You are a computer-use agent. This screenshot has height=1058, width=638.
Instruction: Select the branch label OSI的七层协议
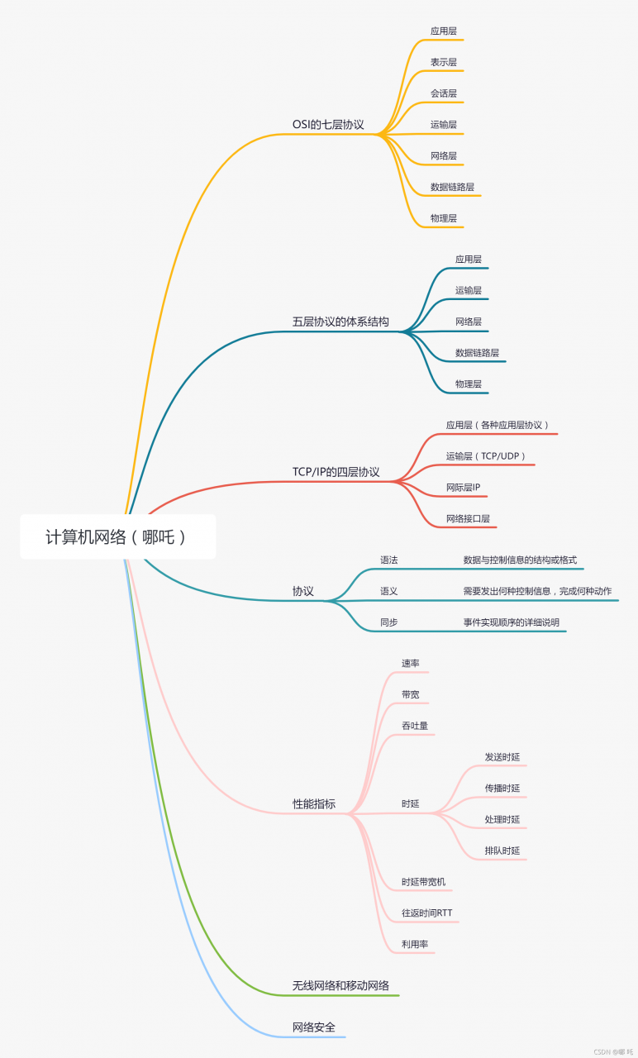click(x=328, y=125)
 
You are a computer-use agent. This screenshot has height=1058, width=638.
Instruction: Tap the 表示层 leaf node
click(x=444, y=62)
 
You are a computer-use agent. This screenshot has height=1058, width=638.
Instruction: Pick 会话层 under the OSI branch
click(x=444, y=93)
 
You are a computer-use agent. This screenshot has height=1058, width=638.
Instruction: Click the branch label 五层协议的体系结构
click(x=340, y=322)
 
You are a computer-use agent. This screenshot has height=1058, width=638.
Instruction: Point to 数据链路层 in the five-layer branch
click(x=477, y=353)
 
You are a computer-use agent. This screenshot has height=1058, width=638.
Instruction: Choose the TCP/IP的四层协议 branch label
click(x=336, y=472)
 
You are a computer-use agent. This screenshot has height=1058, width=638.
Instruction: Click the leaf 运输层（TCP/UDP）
click(x=486, y=456)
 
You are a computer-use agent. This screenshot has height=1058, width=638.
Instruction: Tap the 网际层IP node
click(x=463, y=488)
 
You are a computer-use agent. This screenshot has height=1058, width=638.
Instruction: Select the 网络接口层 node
click(x=468, y=518)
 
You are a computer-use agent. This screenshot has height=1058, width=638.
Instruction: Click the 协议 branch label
click(x=302, y=591)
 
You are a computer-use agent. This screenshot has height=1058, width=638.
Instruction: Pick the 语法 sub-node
click(x=389, y=560)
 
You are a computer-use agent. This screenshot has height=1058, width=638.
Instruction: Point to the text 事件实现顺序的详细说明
click(x=511, y=622)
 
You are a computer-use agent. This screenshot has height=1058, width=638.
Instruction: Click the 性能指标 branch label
click(x=314, y=804)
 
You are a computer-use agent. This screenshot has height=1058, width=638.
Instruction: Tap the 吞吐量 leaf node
click(x=415, y=726)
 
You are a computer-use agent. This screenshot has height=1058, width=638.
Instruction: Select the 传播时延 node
click(x=502, y=788)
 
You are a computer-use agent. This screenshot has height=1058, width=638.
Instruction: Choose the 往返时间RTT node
click(x=427, y=913)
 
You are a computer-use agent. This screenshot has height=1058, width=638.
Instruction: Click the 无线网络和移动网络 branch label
click(x=340, y=986)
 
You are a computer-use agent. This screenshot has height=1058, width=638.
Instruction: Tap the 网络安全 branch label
click(x=314, y=1027)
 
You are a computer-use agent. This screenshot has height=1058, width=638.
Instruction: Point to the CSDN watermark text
click(x=613, y=1052)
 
